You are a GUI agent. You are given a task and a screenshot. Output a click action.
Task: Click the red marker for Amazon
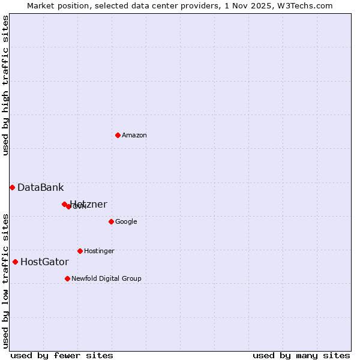[x=118, y=135]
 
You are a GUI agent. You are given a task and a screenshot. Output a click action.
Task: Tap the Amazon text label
[x=134, y=136]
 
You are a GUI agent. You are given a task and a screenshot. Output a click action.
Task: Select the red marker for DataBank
[x=12, y=187]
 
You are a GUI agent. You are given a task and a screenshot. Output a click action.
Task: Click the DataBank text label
[x=40, y=188]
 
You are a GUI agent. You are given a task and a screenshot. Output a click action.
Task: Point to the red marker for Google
[x=111, y=221]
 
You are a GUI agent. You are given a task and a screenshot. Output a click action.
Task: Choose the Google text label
[x=126, y=222]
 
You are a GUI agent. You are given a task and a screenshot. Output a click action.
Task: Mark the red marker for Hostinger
[x=80, y=251]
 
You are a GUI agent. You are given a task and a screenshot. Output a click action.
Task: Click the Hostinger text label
[x=99, y=251]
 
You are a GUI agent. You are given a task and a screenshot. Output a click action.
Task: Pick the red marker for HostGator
[x=15, y=262]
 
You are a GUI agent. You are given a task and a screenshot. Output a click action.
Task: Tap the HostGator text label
[x=44, y=262]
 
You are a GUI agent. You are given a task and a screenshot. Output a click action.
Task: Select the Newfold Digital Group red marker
[x=67, y=278]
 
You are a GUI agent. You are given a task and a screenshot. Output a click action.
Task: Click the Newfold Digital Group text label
[x=106, y=279]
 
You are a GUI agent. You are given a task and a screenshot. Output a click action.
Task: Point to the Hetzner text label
[x=89, y=205]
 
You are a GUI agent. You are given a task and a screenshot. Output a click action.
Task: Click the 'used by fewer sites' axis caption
[x=62, y=355]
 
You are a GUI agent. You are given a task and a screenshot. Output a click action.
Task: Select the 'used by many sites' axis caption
[x=301, y=355]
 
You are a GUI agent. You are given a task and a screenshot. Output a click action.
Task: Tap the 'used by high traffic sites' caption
[x=5, y=85]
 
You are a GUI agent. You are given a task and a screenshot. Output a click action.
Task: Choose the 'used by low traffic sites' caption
[x=5, y=280]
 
